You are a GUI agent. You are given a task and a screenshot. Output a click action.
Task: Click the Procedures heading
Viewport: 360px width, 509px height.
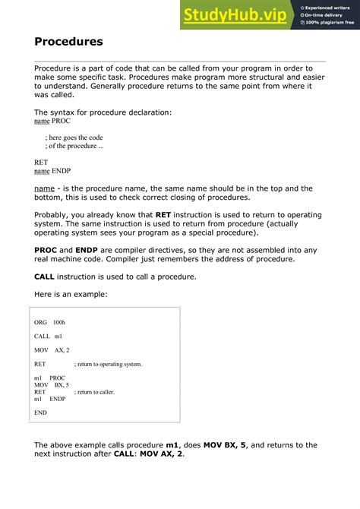pos(68,41)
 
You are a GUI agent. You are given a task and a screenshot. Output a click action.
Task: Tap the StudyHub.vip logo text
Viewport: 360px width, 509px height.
pos(236,14)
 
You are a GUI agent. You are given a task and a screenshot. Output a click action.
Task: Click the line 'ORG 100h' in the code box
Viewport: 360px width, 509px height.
pos(50,322)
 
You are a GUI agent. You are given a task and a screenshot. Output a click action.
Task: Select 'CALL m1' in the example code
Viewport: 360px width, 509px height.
pos(48,336)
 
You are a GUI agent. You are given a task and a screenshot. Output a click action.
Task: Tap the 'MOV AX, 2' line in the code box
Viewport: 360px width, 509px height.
pos(52,350)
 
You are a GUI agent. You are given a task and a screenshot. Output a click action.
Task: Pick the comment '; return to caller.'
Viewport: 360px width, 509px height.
pos(95,392)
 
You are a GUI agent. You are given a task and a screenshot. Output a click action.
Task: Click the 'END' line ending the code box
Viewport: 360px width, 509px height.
pos(40,413)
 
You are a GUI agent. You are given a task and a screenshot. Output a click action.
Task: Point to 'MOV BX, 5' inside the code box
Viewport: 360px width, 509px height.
pos(52,385)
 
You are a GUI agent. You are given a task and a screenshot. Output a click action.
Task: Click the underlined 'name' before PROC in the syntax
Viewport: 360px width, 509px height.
pos(42,121)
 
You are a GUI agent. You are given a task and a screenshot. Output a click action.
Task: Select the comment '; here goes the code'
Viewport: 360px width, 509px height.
pos(74,137)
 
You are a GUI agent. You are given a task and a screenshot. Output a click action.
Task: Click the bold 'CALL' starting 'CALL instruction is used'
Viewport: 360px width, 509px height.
pos(46,277)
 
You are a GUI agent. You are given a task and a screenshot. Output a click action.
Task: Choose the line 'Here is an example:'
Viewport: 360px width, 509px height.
pos(71,295)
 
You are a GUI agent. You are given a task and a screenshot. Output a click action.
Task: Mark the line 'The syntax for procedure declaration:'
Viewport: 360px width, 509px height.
pos(103,112)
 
